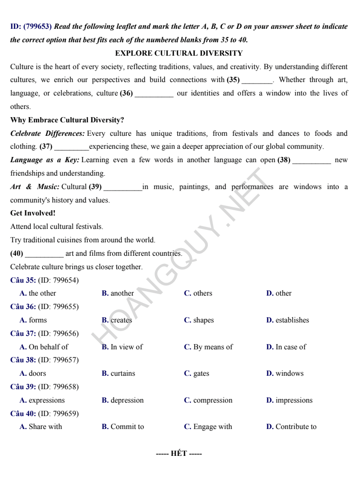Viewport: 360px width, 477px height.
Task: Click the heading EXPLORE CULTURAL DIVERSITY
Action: point(179,53)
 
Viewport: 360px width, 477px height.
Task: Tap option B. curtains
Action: point(118,373)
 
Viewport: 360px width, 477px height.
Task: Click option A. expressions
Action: point(42,400)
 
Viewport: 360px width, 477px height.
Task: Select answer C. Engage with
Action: point(208,427)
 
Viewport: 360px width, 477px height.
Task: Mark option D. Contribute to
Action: point(291,427)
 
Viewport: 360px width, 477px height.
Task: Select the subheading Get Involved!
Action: point(33,214)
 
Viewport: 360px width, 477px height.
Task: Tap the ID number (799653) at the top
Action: point(38,27)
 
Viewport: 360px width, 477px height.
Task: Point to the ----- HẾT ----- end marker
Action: point(179,454)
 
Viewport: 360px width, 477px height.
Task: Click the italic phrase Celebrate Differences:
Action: point(48,133)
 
